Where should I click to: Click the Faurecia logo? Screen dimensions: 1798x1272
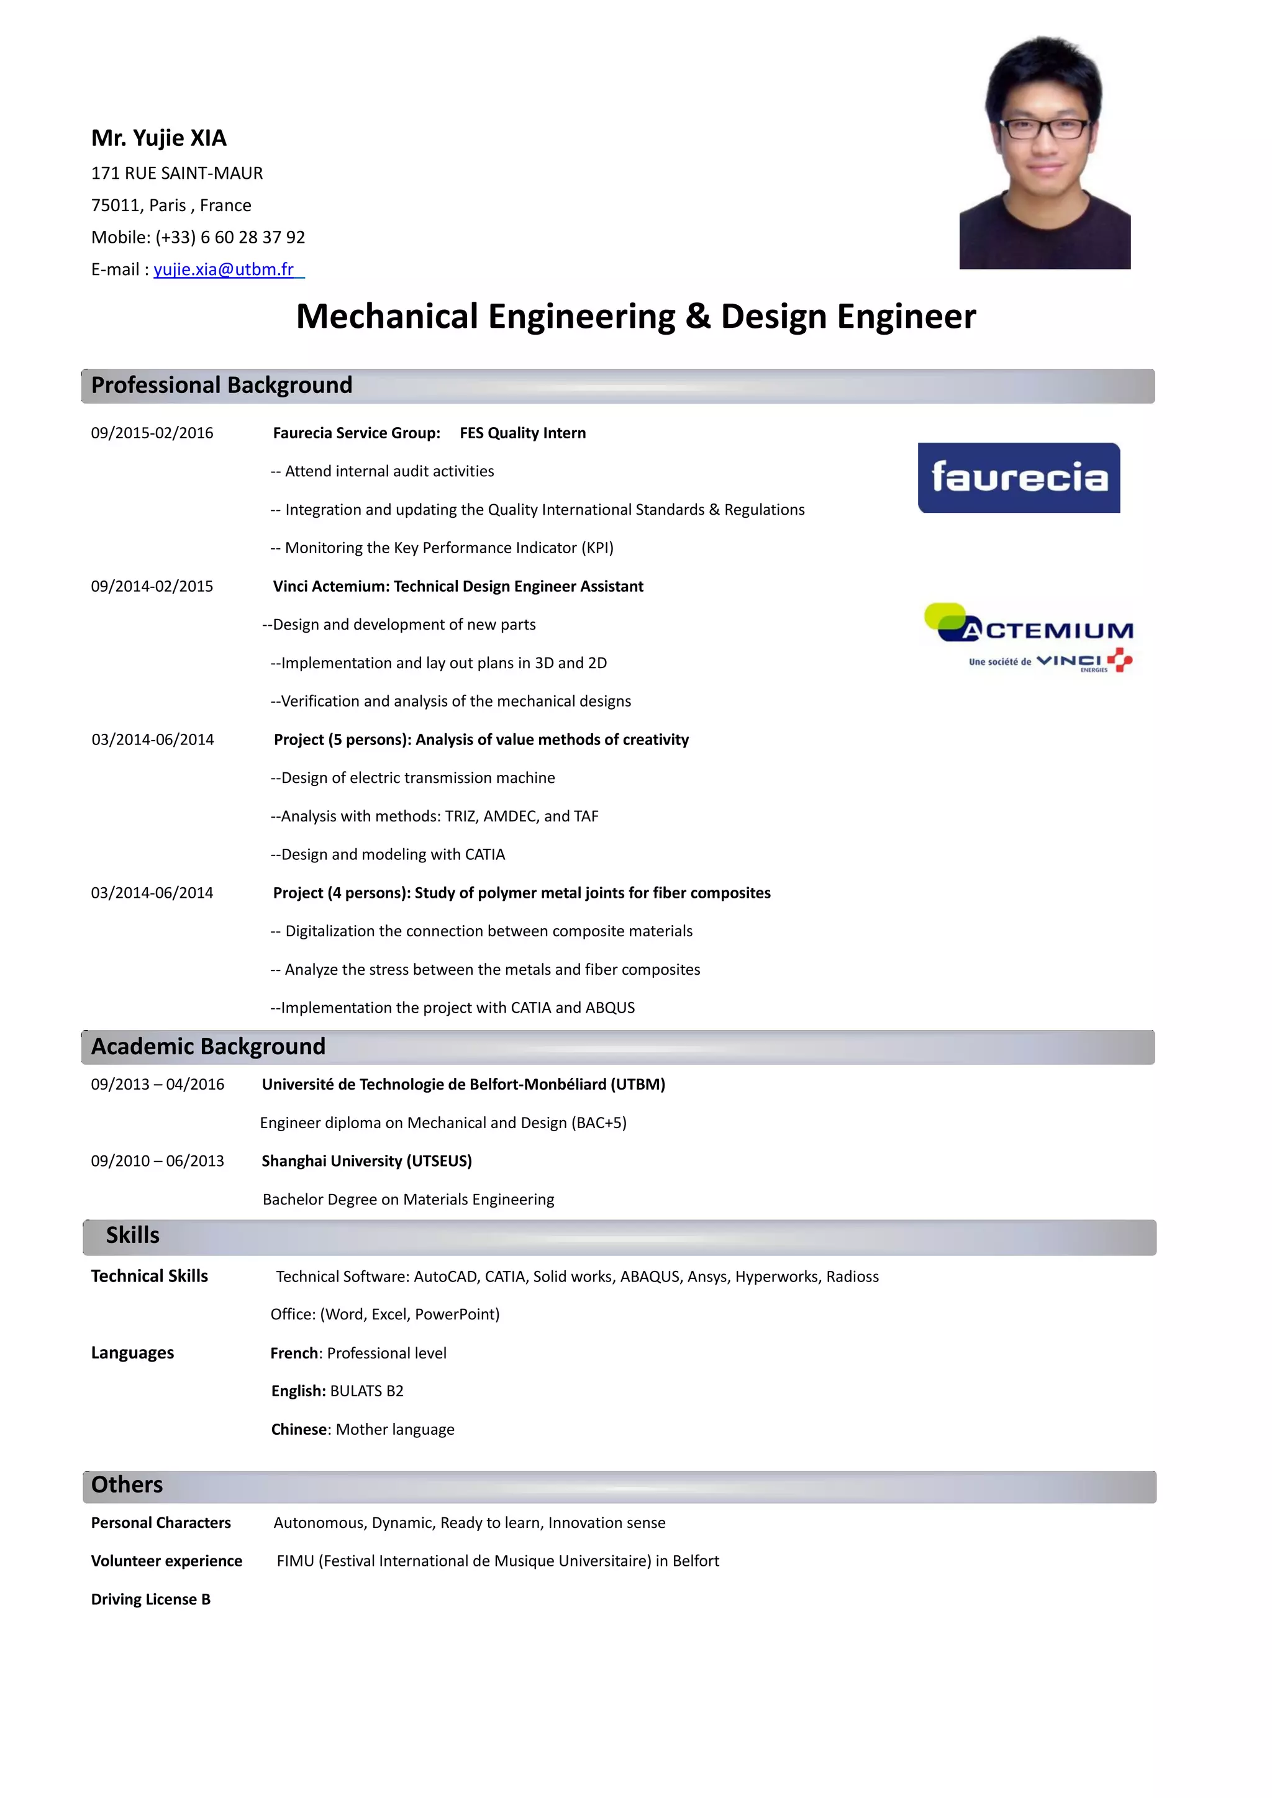[x=1018, y=477]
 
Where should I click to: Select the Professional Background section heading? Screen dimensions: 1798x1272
[x=222, y=386]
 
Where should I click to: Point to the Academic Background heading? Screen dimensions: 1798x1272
[x=208, y=1047]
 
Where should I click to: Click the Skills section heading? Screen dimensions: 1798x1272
[x=133, y=1236]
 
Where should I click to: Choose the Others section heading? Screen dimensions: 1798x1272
[x=127, y=1484]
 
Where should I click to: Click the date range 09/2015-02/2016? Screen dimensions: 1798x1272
[x=152, y=433]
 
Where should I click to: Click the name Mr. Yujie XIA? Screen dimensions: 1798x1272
[x=159, y=138]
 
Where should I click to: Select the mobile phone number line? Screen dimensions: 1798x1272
[x=198, y=237]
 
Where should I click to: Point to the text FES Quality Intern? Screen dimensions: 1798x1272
[x=522, y=433]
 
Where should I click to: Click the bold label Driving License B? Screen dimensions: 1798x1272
[x=150, y=1599]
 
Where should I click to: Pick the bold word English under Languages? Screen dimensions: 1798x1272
[x=297, y=1391]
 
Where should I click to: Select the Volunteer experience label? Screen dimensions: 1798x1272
[x=166, y=1561]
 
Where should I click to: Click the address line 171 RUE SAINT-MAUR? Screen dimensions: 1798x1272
[x=177, y=173]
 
